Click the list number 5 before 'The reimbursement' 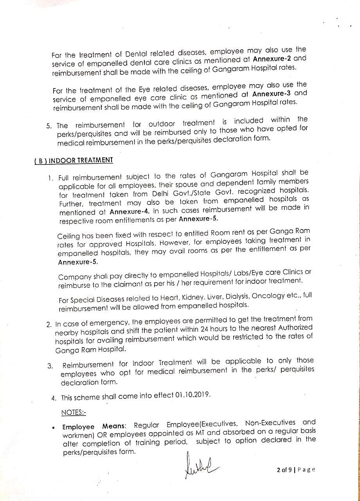point(49,126)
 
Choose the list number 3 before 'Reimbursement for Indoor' point(50,366)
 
